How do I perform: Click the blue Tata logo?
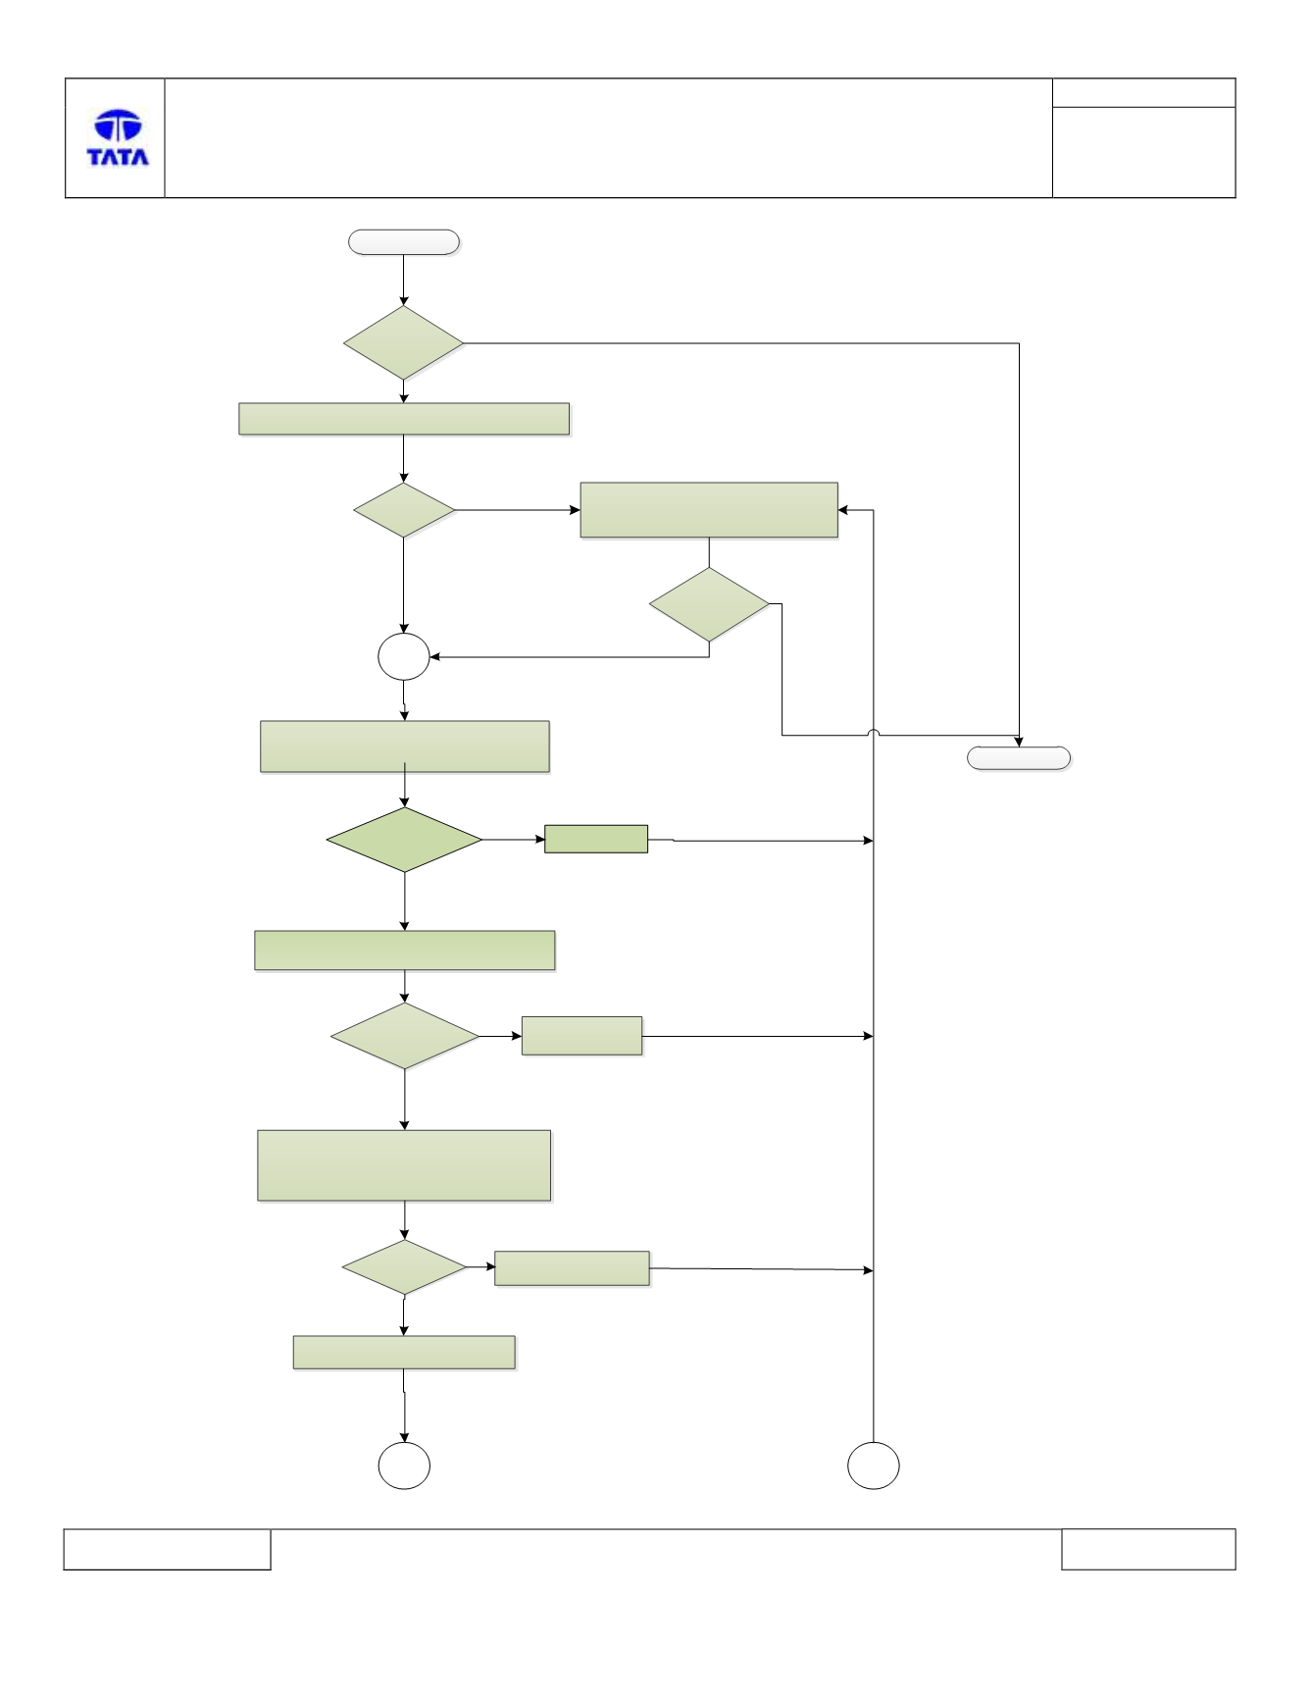pos(118,137)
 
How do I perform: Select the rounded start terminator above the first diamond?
pos(404,242)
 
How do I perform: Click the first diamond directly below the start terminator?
pos(403,342)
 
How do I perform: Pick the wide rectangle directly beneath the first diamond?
pos(404,419)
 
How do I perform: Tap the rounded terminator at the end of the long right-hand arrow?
pos(1019,758)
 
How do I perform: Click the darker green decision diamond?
pos(404,840)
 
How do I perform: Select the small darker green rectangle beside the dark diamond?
pos(596,839)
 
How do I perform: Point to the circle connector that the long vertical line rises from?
pos(874,1466)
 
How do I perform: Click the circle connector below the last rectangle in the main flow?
pos(404,1466)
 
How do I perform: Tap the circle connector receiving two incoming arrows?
pos(404,657)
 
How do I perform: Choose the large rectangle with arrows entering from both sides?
pos(709,510)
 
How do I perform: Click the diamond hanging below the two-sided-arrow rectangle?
pos(709,604)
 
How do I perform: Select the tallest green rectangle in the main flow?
pos(404,1165)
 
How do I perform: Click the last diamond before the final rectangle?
pos(404,1267)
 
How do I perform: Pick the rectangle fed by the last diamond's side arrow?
pos(572,1268)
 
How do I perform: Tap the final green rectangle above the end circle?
pos(404,1353)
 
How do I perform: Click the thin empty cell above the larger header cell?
pos(1143,93)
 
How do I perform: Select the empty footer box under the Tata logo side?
pos(167,1549)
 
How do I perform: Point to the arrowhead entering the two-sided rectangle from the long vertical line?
pos(843,510)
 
